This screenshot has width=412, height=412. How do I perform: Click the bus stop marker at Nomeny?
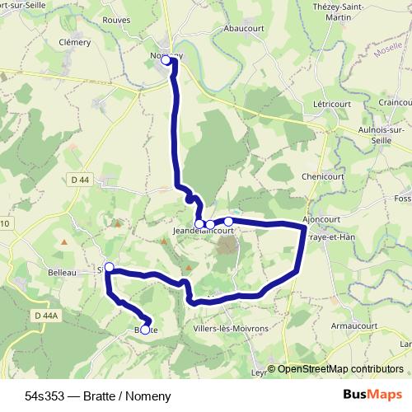[x=166, y=60]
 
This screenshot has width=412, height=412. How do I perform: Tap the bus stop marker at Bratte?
[x=145, y=330]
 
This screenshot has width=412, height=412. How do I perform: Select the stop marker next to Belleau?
[x=109, y=267]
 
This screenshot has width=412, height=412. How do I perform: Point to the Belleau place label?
[x=62, y=271]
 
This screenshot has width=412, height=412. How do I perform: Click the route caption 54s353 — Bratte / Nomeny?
[x=97, y=396]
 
